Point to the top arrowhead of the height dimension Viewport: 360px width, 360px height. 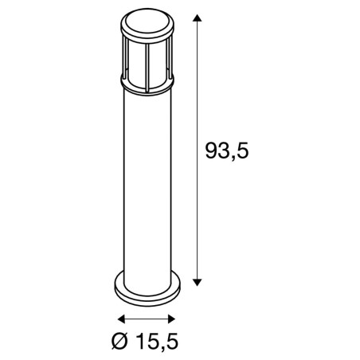198,18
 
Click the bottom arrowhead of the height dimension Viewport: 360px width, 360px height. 198,282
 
